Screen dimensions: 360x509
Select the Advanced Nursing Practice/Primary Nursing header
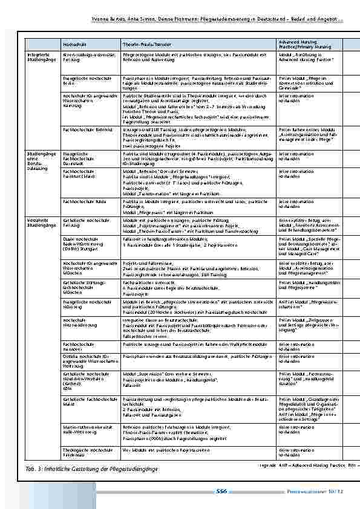point(298,44)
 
